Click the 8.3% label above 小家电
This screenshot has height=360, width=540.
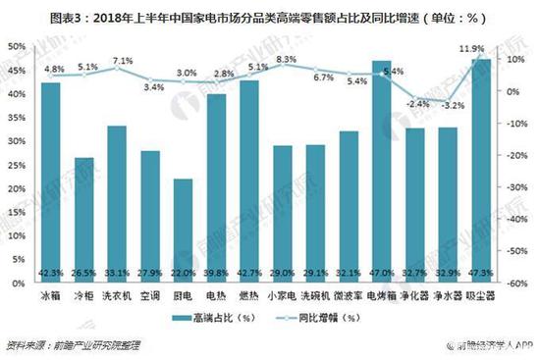pos(287,60)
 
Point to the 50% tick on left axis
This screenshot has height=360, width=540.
pos(16,46)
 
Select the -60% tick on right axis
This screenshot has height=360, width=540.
pos(520,284)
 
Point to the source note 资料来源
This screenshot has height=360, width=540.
pos(27,344)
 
